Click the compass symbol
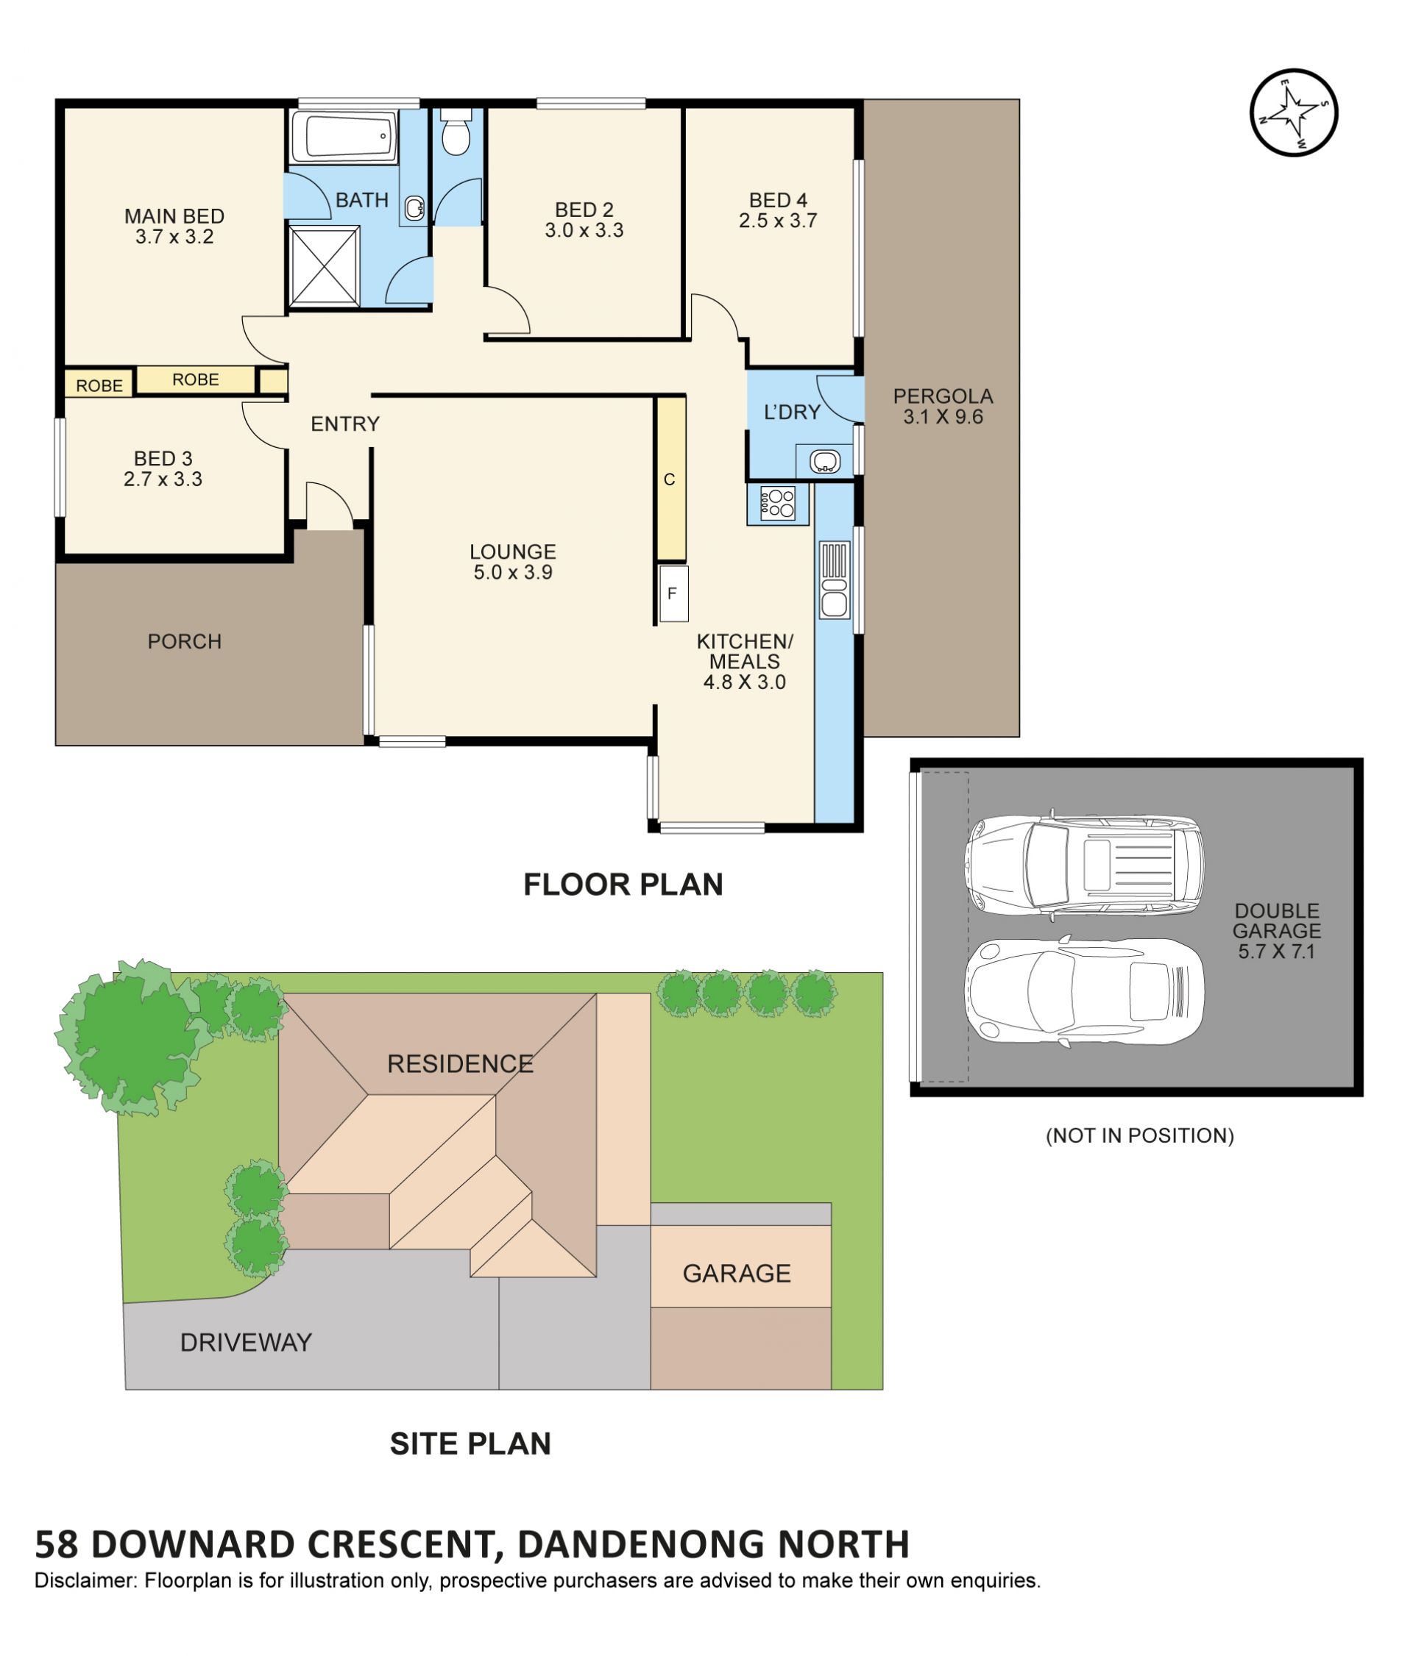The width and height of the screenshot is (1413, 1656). pyautogui.click(x=1292, y=112)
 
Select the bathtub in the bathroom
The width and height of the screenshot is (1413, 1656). pyautogui.click(x=343, y=137)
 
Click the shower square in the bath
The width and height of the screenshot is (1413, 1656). pyautogui.click(x=324, y=265)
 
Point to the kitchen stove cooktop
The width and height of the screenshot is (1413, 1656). pyautogui.click(x=776, y=504)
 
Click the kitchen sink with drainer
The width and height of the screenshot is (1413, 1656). pyautogui.click(x=833, y=579)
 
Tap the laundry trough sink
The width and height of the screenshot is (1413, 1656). pyautogui.click(x=824, y=461)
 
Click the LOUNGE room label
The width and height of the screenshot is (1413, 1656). pyautogui.click(x=513, y=552)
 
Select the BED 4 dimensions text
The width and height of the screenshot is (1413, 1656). pyautogui.click(x=777, y=221)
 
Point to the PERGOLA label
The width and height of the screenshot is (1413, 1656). pyautogui.click(x=943, y=396)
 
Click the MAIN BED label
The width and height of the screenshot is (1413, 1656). pyautogui.click(x=174, y=215)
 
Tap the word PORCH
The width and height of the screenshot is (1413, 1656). pyautogui.click(x=185, y=641)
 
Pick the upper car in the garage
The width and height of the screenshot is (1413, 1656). pyautogui.click(x=1083, y=866)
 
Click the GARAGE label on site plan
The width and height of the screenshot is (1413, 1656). pyautogui.click(x=737, y=1272)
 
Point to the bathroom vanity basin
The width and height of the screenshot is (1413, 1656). pyautogui.click(x=414, y=209)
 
